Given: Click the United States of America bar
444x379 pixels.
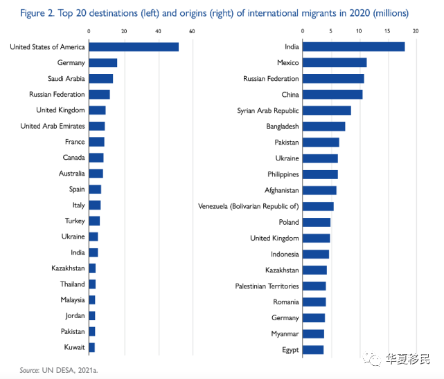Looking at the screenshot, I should [134, 47].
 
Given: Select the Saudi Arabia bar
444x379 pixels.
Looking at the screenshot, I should [101, 79].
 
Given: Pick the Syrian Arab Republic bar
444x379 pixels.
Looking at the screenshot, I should [327, 111].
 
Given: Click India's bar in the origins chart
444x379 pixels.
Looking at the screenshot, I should [354, 47].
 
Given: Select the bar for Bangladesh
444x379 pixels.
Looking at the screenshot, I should [324, 127].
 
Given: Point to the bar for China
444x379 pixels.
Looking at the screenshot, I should [332, 95].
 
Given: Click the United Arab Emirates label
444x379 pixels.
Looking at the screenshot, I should [53, 126].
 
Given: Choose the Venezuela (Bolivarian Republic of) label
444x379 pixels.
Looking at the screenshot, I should [249, 206].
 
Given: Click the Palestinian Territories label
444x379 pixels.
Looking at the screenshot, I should [267, 286].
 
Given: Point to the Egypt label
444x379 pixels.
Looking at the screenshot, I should [290, 350].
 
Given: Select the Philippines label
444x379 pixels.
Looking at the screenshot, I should [283, 174].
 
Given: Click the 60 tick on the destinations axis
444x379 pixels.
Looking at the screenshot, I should [192, 31].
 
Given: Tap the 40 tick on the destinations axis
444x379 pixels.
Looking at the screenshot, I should [158, 31].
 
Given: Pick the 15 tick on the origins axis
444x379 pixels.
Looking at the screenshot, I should [388, 31].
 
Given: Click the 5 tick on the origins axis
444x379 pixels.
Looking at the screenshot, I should [331, 31].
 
